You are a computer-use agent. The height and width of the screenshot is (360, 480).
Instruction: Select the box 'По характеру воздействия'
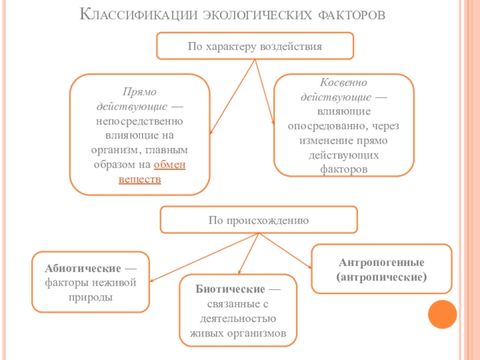pyautogui.click(x=255, y=46)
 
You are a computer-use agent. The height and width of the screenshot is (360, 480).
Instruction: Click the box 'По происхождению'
pyautogui.click(x=259, y=220)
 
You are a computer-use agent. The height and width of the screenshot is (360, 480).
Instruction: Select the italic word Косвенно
pyautogui.click(x=343, y=82)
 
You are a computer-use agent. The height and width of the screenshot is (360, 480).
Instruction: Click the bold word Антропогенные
pyautogui.click(x=382, y=263)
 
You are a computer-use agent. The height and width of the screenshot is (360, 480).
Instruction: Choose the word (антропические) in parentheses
pyautogui.click(x=382, y=277)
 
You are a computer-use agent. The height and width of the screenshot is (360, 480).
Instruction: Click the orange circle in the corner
pyautogui.click(x=444, y=312)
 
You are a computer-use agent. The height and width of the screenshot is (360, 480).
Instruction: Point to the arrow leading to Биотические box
pyautogui.click(x=247, y=255)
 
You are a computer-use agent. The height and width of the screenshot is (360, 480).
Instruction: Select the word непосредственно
pyautogui.click(x=140, y=121)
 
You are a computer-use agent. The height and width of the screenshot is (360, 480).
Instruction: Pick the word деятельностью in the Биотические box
pyautogui.click(x=238, y=319)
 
